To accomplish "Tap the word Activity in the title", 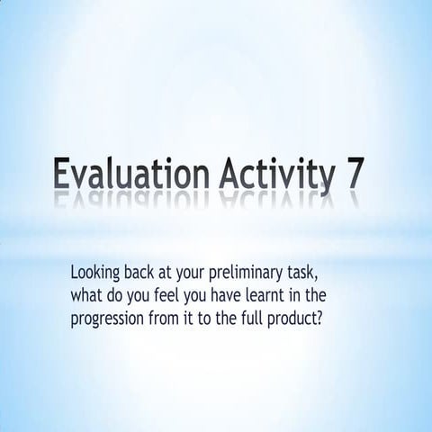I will (x=267, y=174).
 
